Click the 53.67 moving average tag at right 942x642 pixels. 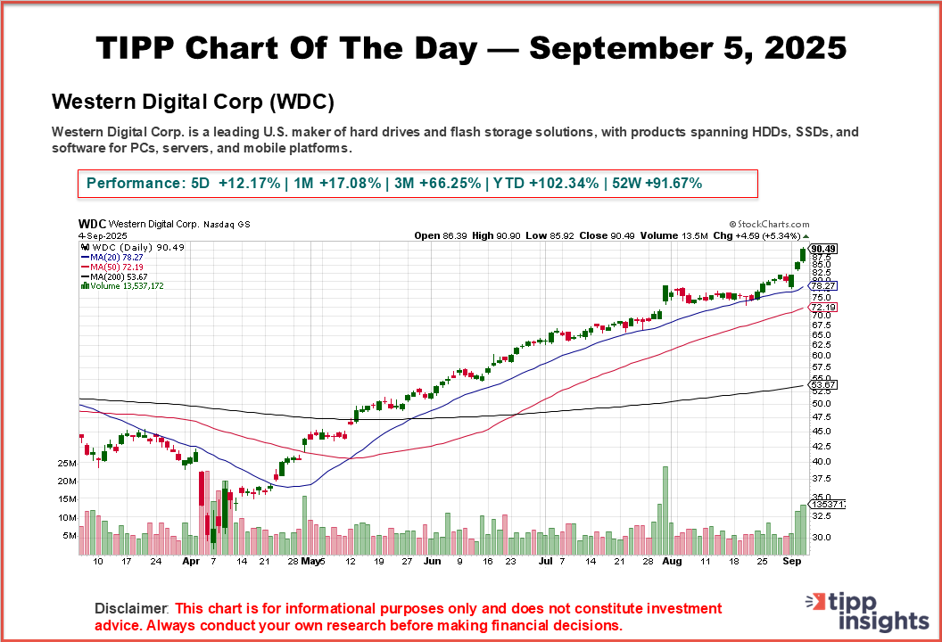pos(820,384)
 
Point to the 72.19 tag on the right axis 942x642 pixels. pos(820,308)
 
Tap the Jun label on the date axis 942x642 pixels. pos(433,563)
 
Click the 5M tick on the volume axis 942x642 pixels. pos(93,536)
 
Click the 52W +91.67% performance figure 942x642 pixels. pos(653,183)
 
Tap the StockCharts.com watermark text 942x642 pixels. pos(769,226)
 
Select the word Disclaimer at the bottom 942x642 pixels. pos(131,608)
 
